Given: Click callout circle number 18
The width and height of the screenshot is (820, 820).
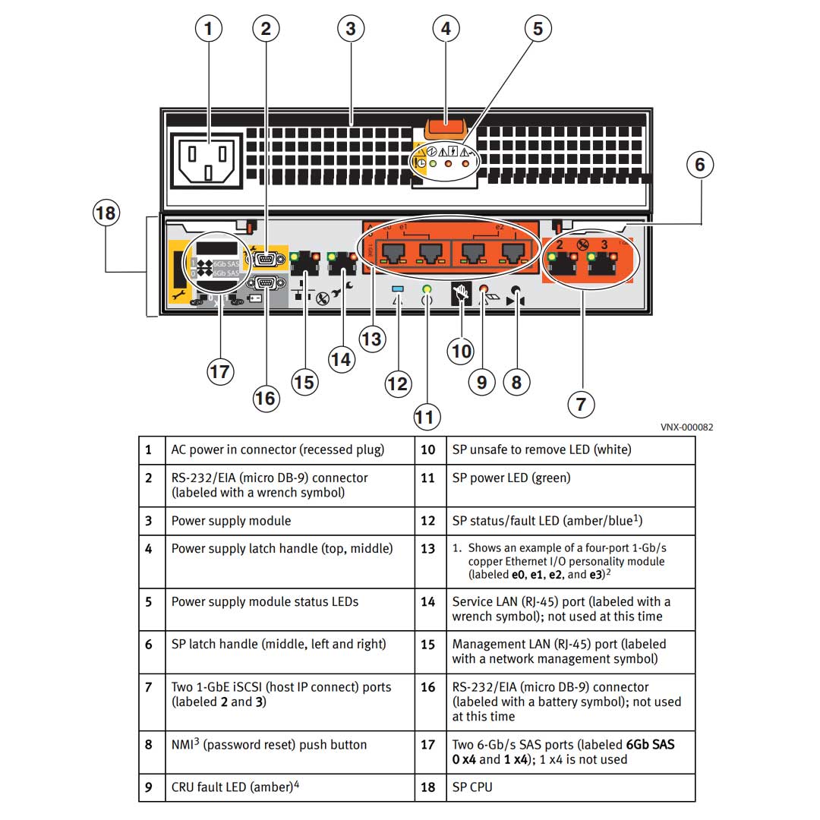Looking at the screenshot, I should coord(106,213).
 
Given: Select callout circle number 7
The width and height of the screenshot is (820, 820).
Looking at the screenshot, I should coord(581,404).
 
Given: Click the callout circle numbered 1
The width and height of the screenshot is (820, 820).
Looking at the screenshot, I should coord(209,29).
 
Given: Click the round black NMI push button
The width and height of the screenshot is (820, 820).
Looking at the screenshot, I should coord(516,290).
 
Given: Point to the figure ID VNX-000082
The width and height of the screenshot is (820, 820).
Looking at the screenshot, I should coord(686,427).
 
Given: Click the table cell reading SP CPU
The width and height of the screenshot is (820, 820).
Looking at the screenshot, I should coord(472,787).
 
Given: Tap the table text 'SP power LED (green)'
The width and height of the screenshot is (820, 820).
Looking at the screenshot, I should coord(511,478).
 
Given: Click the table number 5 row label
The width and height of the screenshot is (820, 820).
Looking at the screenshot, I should coord(149,602).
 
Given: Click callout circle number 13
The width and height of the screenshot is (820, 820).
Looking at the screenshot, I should coord(371,339).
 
